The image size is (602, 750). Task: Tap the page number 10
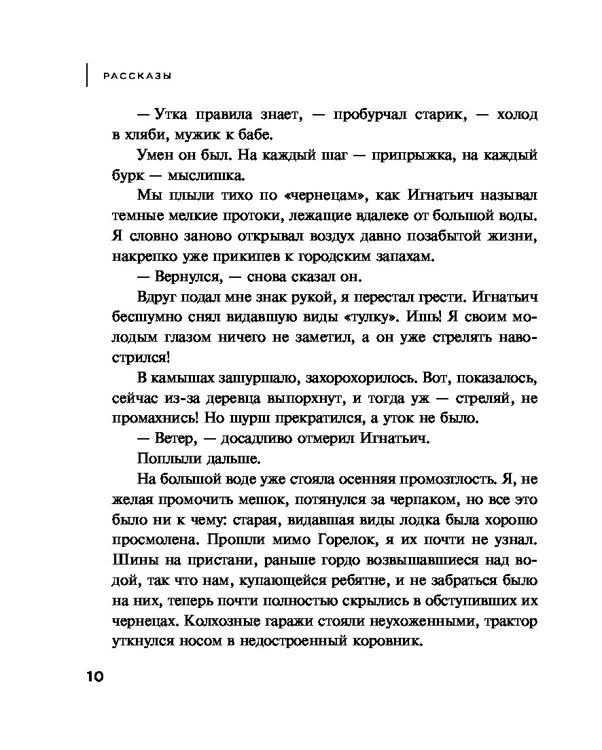coord(94,677)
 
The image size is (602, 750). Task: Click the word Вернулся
coord(184,277)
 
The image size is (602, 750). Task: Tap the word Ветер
coord(177,438)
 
